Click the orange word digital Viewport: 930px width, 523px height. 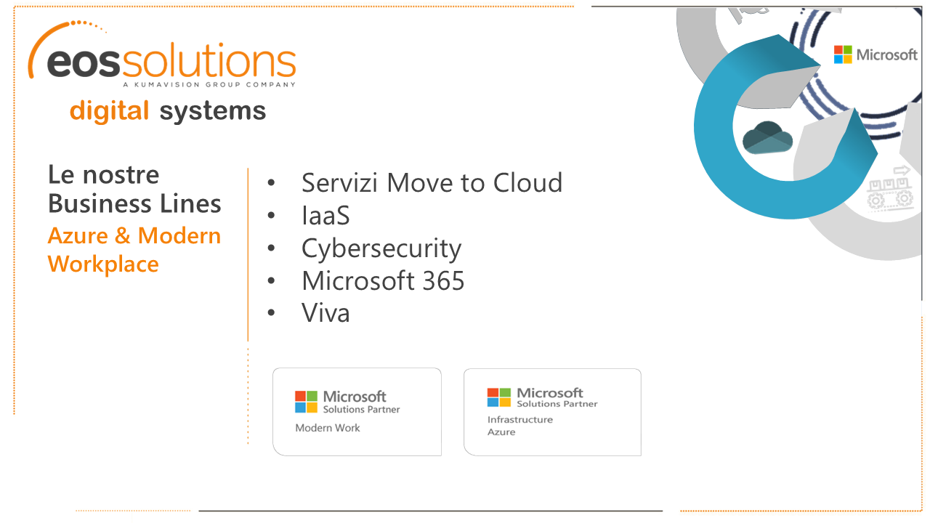click(x=109, y=111)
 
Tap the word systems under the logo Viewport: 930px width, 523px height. click(x=212, y=111)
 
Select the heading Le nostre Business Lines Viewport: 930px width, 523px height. click(x=134, y=189)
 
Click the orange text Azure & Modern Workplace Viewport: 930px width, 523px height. click(x=134, y=250)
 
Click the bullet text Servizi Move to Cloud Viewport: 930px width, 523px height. click(x=432, y=182)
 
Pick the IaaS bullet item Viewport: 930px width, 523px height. click(x=325, y=216)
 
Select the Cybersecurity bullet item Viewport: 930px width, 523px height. click(x=381, y=248)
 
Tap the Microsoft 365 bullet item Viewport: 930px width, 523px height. click(x=383, y=280)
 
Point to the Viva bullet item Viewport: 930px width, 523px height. click(x=325, y=313)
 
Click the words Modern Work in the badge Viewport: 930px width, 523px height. click(x=328, y=428)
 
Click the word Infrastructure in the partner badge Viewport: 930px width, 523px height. click(x=520, y=420)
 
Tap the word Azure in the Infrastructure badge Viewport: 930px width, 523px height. click(x=501, y=432)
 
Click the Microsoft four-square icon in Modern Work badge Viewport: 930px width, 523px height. click(x=306, y=402)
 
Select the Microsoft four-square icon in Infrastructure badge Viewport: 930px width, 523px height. click(x=499, y=397)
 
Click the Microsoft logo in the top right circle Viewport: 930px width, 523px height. click(x=876, y=54)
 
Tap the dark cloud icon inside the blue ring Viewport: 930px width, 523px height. click(x=767, y=138)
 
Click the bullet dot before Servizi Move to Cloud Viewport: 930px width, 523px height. click(x=271, y=183)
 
